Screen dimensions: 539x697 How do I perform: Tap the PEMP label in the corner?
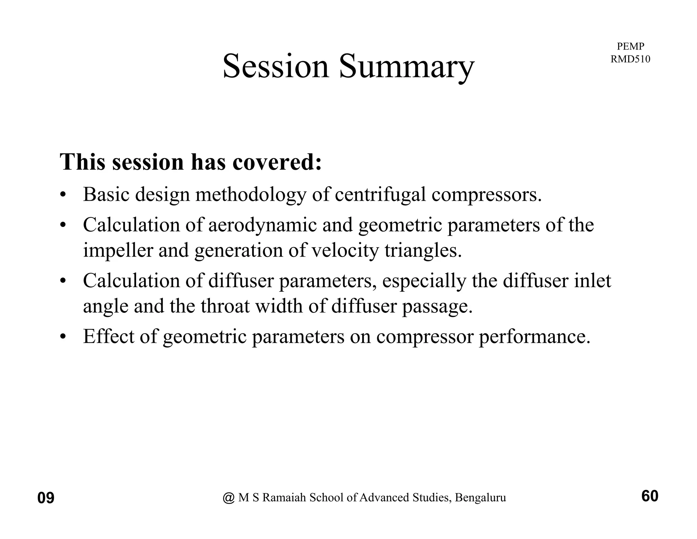pyautogui.click(x=630, y=46)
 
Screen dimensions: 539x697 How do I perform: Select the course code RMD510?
pyautogui.click(x=630, y=59)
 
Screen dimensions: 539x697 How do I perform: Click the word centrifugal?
pyautogui.click(x=380, y=196)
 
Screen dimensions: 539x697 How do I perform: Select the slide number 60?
pyautogui.click(x=650, y=496)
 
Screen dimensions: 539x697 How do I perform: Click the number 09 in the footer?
pyautogui.click(x=46, y=498)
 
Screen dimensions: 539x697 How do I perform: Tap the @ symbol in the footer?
pyautogui.click(x=229, y=498)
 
